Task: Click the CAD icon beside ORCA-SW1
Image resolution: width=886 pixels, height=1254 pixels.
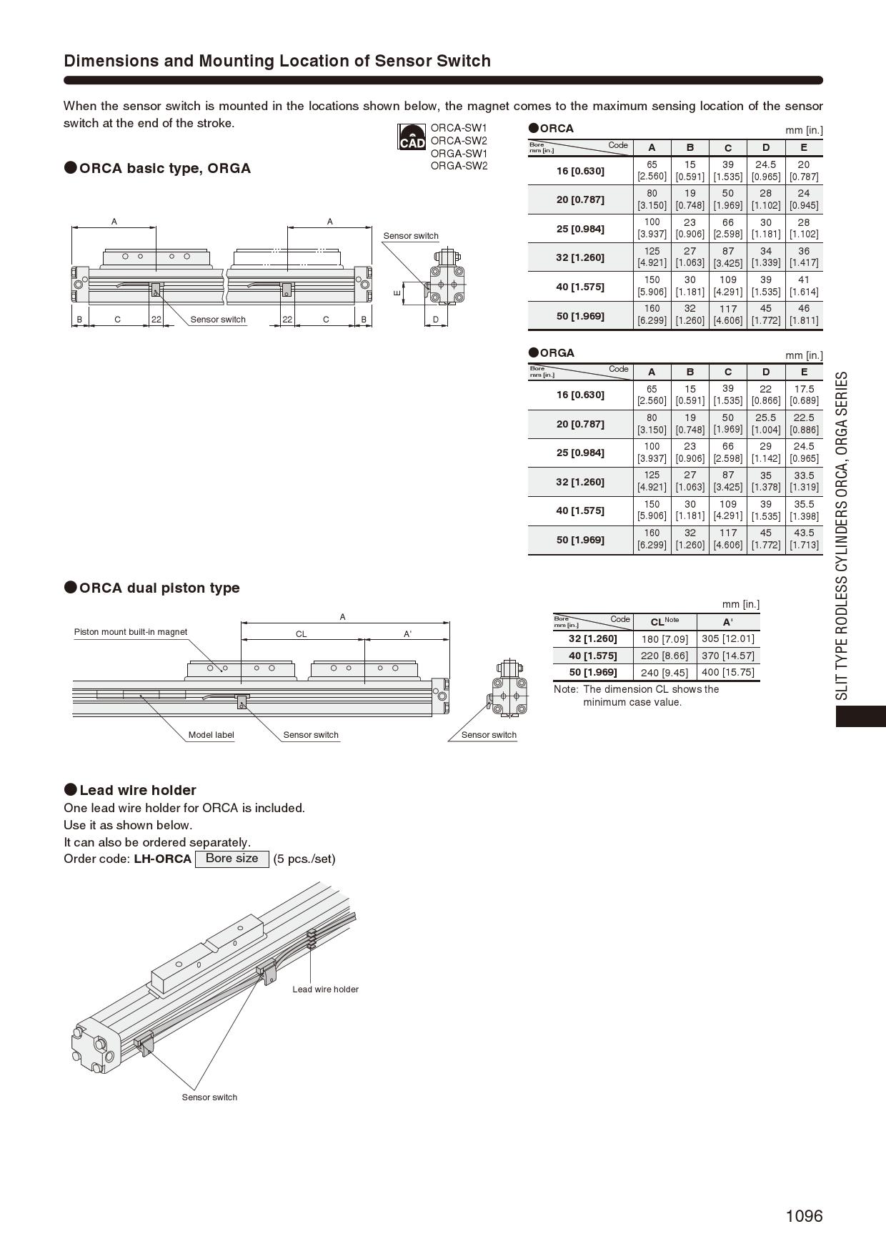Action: pos(412,137)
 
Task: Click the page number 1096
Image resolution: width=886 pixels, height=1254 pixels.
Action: pos(804,1215)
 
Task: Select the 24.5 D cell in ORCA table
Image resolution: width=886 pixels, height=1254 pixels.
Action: pos(765,170)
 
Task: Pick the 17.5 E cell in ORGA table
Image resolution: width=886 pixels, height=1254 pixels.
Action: pos(804,395)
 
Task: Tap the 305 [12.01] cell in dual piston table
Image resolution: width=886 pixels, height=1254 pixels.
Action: pos(727,638)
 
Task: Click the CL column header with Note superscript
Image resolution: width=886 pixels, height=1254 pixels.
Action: pos(664,621)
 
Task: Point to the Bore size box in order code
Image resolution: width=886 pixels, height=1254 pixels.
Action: pos(232,858)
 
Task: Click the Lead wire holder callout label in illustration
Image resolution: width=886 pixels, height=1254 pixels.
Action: pos(325,989)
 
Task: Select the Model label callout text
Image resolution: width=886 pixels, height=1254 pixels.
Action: pos(211,735)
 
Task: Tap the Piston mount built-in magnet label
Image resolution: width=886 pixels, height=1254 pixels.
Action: pos(131,632)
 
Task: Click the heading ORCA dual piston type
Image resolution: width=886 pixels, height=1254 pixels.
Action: pos(159,588)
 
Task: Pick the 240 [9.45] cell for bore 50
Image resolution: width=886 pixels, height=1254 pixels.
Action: pos(664,672)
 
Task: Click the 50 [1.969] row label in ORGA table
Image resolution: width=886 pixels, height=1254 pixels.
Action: pos(580,540)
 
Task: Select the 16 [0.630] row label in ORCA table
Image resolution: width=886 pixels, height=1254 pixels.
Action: pos(580,171)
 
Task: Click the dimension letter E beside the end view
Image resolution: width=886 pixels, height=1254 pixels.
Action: pos(397,292)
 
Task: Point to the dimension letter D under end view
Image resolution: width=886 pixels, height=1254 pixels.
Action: pos(436,320)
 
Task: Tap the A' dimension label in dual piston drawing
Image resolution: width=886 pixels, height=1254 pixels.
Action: pos(407,634)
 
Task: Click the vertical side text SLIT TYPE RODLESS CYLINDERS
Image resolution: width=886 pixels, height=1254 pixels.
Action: pos(842,536)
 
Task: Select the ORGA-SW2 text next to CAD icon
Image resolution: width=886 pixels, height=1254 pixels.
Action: pos(459,166)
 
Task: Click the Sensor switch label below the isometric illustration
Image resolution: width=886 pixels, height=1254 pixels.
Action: pos(209,1097)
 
